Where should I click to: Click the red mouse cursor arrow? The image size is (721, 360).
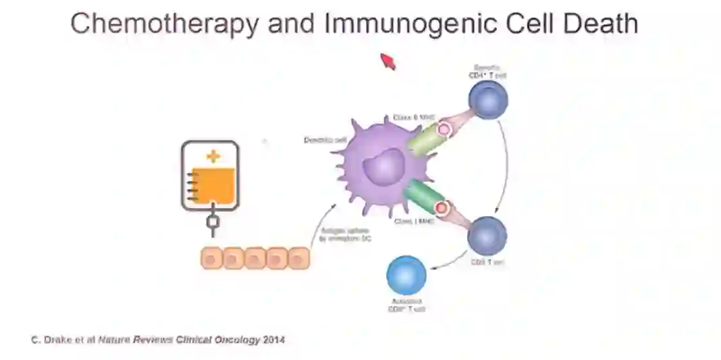click(388, 61)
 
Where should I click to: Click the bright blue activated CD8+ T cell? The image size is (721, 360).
click(406, 276)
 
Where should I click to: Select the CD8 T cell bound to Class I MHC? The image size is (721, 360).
click(487, 235)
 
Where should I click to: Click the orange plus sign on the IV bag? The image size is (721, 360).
click(213, 157)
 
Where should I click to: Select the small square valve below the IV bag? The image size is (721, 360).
click(212, 222)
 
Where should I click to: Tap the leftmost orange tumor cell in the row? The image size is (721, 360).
click(212, 258)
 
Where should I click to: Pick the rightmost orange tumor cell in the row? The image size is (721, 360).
click(298, 258)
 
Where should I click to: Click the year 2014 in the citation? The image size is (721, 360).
click(274, 340)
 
